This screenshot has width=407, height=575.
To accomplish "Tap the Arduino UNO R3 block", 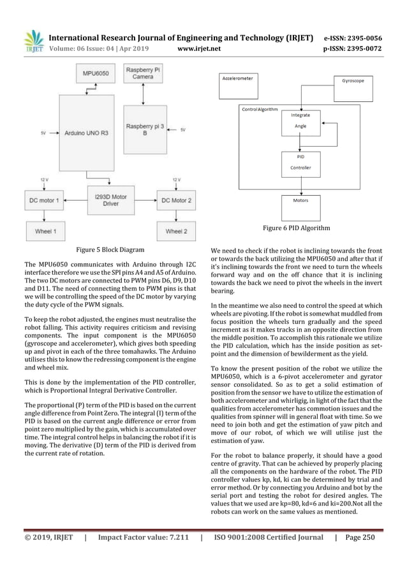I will (x=86, y=134).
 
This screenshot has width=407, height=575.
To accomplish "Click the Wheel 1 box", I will (x=45, y=231).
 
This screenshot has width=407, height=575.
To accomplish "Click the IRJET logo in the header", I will (x=31, y=41).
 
